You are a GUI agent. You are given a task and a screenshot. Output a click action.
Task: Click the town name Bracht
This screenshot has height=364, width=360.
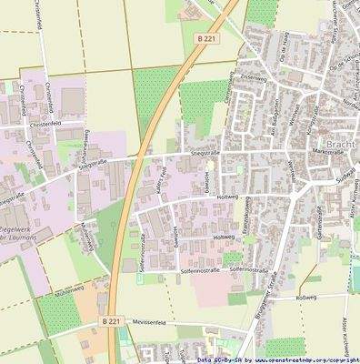coord(340,146)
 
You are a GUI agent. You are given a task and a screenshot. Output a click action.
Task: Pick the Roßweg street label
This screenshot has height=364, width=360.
coord(305,298)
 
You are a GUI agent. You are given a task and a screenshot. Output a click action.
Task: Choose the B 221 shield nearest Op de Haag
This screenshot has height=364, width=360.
coord(207,38)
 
